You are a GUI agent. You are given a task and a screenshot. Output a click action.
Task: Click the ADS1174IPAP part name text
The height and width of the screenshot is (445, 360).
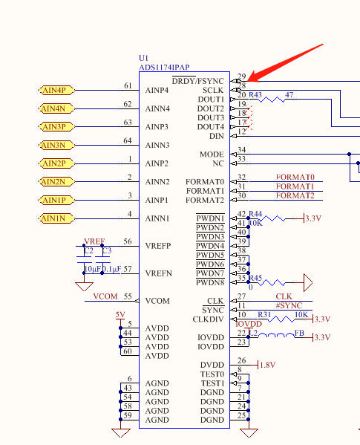tap(164, 67)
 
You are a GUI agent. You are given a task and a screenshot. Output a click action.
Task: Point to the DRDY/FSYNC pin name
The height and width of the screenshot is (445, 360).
tap(198, 80)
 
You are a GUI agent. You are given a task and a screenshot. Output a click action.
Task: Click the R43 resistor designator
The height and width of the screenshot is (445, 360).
tap(255, 95)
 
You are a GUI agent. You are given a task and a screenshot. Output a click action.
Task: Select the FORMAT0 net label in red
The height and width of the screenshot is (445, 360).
tap(294, 178)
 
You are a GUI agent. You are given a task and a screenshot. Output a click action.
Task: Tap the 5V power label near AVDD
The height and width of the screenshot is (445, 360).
tap(120, 314)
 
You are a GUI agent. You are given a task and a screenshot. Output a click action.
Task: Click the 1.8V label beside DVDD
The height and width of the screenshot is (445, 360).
tap(268, 365)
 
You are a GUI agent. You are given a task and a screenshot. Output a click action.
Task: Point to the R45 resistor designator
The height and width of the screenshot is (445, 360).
tap(255, 278)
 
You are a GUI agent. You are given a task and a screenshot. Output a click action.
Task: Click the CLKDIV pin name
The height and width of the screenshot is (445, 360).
tap(209, 319)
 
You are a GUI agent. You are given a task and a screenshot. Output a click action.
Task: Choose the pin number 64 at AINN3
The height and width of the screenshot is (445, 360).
tap(128, 140)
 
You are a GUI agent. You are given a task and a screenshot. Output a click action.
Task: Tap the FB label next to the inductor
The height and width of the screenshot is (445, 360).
tap(298, 334)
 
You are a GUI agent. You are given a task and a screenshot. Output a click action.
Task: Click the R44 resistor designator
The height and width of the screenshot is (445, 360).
tap(255, 213)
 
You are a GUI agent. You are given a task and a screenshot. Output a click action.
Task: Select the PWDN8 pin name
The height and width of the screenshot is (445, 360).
tap(210, 283)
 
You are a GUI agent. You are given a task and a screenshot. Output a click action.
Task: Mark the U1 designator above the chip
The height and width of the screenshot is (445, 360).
tap(144, 58)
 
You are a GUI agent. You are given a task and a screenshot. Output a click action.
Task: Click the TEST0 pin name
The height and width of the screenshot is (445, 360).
tap(212, 374)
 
